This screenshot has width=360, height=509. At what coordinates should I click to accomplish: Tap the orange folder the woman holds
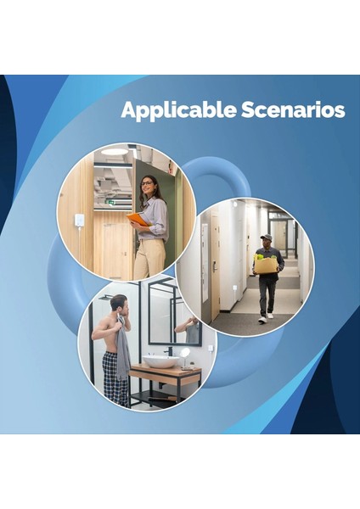(x=138, y=219)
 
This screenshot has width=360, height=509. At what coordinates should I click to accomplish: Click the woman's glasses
(x=147, y=183)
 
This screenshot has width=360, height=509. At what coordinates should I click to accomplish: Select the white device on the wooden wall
(x=79, y=220)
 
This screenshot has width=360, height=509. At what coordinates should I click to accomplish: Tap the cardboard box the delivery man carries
(x=266, y=265)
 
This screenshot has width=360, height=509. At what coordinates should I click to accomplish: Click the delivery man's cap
(x=266, y=237)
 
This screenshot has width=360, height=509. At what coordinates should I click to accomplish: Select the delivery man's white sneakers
(x=266, y=318)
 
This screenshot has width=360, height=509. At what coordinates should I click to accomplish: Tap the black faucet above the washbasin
(x=168, y=350)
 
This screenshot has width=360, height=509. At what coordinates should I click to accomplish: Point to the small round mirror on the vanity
(x=184, y=353)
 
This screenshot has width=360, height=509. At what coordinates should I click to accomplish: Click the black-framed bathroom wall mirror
(x=174, y=314)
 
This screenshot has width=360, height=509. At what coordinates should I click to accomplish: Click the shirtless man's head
(x=118, y=304)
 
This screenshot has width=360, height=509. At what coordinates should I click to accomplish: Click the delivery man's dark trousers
(x=267, y=293)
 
